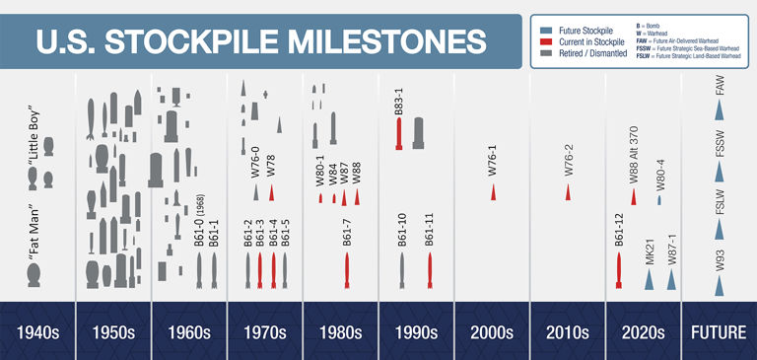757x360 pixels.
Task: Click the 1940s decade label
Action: [37, 331]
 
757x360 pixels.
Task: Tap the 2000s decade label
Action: [492, 331]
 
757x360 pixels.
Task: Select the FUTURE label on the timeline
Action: [719, 331]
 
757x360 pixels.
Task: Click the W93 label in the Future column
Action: [720, 260]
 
